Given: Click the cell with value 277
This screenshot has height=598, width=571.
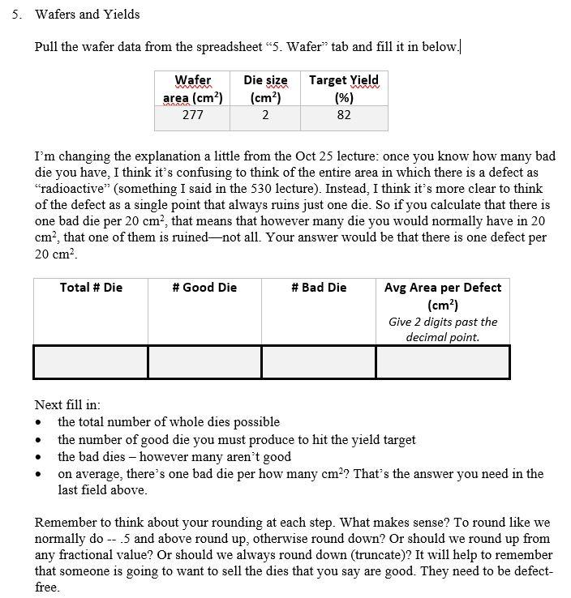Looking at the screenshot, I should coord(192,114).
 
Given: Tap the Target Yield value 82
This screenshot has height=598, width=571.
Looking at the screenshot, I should coord(344,114).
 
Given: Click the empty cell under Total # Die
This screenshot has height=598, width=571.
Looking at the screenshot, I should coord(91,361).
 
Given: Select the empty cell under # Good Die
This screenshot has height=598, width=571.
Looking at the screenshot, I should coord(204,361).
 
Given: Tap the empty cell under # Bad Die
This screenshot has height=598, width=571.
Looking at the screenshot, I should coord(319,361).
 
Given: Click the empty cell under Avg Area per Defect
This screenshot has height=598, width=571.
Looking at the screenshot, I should coord(443,361).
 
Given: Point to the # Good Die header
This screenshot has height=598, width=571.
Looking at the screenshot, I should coord(204,288).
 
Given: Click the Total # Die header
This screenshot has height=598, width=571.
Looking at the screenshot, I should coord(91,288).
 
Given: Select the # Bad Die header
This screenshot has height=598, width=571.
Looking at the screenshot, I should coord(319,288).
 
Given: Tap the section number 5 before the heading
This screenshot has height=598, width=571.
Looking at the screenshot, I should coord(16,15).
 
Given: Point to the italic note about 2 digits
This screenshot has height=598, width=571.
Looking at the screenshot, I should coord(443,329).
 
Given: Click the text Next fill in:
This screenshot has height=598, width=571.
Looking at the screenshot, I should coord(67,405).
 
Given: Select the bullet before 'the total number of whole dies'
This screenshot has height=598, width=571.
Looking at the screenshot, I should coord(39,422).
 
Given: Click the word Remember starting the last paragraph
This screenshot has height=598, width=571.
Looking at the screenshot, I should coord(63,522).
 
